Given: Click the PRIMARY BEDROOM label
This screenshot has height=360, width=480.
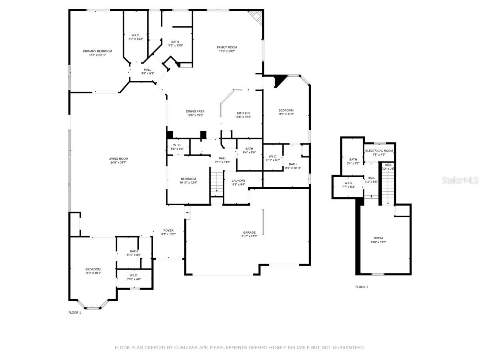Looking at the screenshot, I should pyautogui.click(x=97, y=51).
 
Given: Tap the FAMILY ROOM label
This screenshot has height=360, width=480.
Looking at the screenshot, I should pyautogui.click(x=227, y=47).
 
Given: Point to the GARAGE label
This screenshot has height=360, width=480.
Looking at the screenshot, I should pyautogui.click(x=249, y=232).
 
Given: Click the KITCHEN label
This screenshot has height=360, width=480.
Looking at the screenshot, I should pyautogui.click(x=243, y=113).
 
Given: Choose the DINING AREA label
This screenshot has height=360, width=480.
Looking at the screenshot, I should pyautogui.click(x=195, y=111).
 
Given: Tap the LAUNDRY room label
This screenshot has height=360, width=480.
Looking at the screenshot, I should pyautogui.click(x=238, y=181).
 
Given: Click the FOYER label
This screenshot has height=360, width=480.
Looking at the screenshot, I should pyautogui.click(x=168, y=230).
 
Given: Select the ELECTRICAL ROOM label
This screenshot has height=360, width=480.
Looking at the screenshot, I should pyautogui.click(x=379, y=151).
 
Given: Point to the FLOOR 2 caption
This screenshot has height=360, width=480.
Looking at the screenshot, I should pyautogui.click(x=362, y=287).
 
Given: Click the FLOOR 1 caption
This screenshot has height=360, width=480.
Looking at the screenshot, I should pyautogui.click(x=75, y=312).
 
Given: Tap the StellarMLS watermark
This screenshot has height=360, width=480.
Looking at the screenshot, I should pyautogui.click(x=460, y=181).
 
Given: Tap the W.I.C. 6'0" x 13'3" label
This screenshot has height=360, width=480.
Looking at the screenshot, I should pyautogui.click(x=135, y=35).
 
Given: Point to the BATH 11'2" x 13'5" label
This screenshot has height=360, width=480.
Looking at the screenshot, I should pyautogui.click(x=175, y=42).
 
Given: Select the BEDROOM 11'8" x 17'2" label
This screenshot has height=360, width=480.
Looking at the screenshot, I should pyautogui.click(x=286, y=110).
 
